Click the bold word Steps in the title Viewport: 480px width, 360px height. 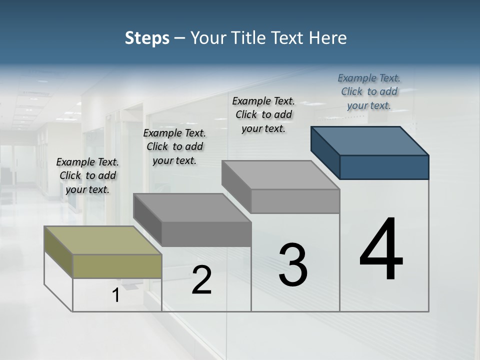(147, 38)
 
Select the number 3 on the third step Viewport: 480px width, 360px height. (293, 265)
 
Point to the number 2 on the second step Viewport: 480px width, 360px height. (201, 280)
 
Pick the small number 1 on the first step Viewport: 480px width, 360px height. (116, 295)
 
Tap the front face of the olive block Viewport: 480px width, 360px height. (117, 266)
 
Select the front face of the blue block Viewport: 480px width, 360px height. (384, 167)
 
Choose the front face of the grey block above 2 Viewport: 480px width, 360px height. (206, 234)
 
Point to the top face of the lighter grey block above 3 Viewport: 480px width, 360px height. (280, 175)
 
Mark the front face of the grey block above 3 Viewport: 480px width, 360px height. (295, 201)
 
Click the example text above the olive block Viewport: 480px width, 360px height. (87, 175)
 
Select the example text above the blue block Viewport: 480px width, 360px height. (369, 91)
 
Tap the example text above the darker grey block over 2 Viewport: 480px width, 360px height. (174, 146)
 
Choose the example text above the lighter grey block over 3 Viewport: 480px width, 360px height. (263, 114)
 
